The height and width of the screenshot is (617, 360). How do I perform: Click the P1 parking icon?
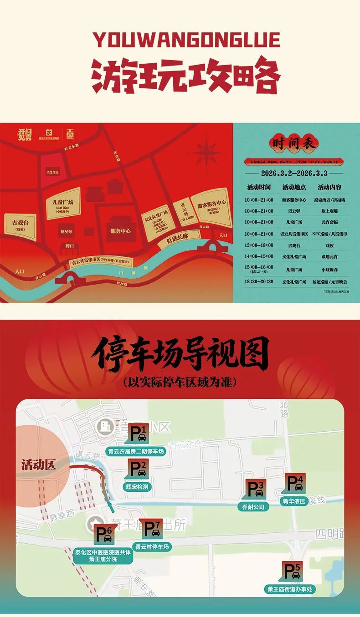(139, 433)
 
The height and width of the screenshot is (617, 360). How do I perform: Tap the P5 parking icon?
(293, 571)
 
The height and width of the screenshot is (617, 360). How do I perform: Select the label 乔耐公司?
(253, 506)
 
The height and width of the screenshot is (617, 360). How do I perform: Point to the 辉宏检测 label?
(137, 486)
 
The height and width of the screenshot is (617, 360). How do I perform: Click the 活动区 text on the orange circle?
(38, 465)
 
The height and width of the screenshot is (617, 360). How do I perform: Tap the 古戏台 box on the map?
(21, 226)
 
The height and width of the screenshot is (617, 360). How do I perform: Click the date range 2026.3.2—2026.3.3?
(294, 173)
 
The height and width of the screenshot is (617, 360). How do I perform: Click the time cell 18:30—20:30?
(259, 281)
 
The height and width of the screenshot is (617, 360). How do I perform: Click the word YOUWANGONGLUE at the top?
(186, 40)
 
